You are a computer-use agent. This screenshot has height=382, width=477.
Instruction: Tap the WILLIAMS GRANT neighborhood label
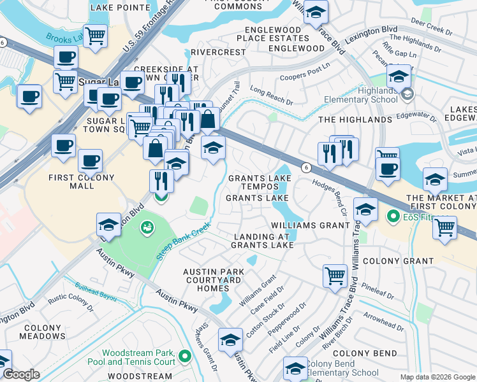(x=309, y=225)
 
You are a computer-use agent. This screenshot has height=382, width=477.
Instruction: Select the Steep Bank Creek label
(x=184, y=241)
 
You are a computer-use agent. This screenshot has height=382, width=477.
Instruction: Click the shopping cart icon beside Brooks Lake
(x=95, y=36)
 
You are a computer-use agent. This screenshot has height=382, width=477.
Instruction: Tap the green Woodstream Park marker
(x=185, y=355)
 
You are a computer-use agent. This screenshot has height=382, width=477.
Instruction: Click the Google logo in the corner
(x=21, y=374)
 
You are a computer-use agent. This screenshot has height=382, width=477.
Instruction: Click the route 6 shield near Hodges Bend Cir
(x=307, y=167)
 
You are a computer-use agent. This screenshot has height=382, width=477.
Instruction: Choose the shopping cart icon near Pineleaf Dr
(x=334, y=276)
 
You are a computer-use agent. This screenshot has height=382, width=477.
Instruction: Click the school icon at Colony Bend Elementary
(x=295, y=369)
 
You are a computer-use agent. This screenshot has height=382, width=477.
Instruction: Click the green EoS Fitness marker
(x=393, y=216)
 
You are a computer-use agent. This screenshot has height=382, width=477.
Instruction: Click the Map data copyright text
(x=437, y=377)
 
